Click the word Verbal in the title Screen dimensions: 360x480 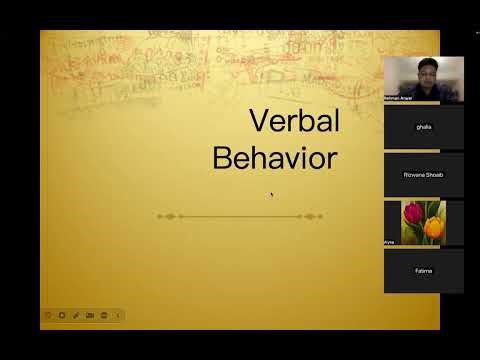(x=294, y=122)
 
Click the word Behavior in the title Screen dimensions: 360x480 (x=275, y=157)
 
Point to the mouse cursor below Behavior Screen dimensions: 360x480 (x=271, y=194)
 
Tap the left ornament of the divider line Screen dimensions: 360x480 (x=168, y=216)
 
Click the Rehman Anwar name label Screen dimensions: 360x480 (x=398, y=98)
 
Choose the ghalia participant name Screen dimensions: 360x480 (x=424, y=127)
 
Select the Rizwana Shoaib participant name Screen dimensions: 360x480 (x=424, y=174)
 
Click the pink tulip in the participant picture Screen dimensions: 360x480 (x=412, y=213)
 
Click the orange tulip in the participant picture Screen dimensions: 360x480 (x=433, y=227)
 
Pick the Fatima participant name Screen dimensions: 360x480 (x=424, y=270)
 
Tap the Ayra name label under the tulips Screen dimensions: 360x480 (x=390, y=241)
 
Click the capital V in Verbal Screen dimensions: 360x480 (x=257, y=122)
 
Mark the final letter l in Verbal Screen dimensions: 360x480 (x=336, y=121)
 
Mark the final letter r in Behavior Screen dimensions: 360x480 (x=333, y=159)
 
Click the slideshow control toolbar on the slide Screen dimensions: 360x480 (x=82, y=315)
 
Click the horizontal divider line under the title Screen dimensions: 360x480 (x=240, y=216)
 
